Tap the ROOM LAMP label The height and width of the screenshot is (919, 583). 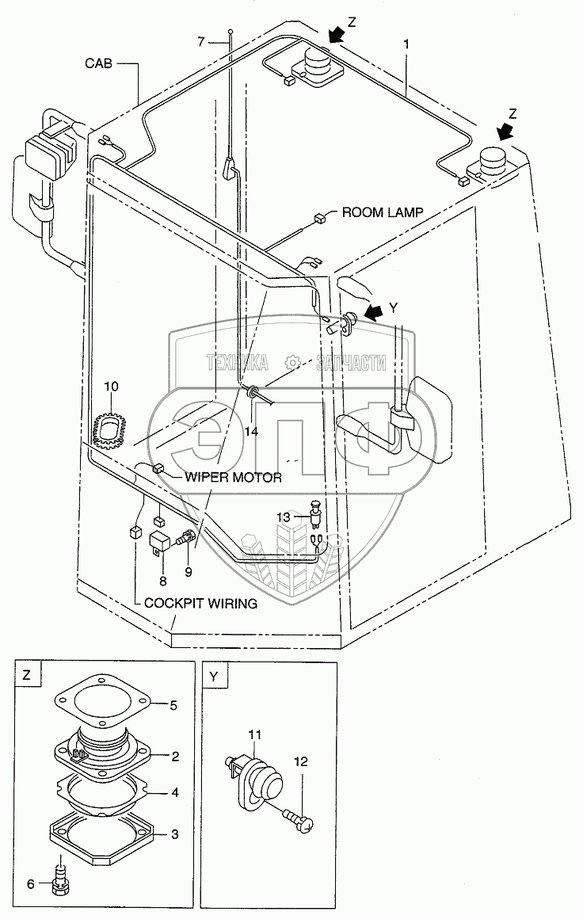[383, 212]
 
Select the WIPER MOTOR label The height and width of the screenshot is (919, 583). [233, 477]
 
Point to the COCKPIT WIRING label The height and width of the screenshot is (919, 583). [200, 603]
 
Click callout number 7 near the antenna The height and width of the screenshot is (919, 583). [201, 40]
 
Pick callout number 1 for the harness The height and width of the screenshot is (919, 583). [406, 46]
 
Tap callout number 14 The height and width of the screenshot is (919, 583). [251, 431]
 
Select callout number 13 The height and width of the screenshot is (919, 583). [284, 517]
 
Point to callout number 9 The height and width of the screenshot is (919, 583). [189, 569]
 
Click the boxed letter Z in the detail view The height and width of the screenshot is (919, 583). [27, 676]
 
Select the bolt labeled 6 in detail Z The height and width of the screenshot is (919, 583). [60, 886]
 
